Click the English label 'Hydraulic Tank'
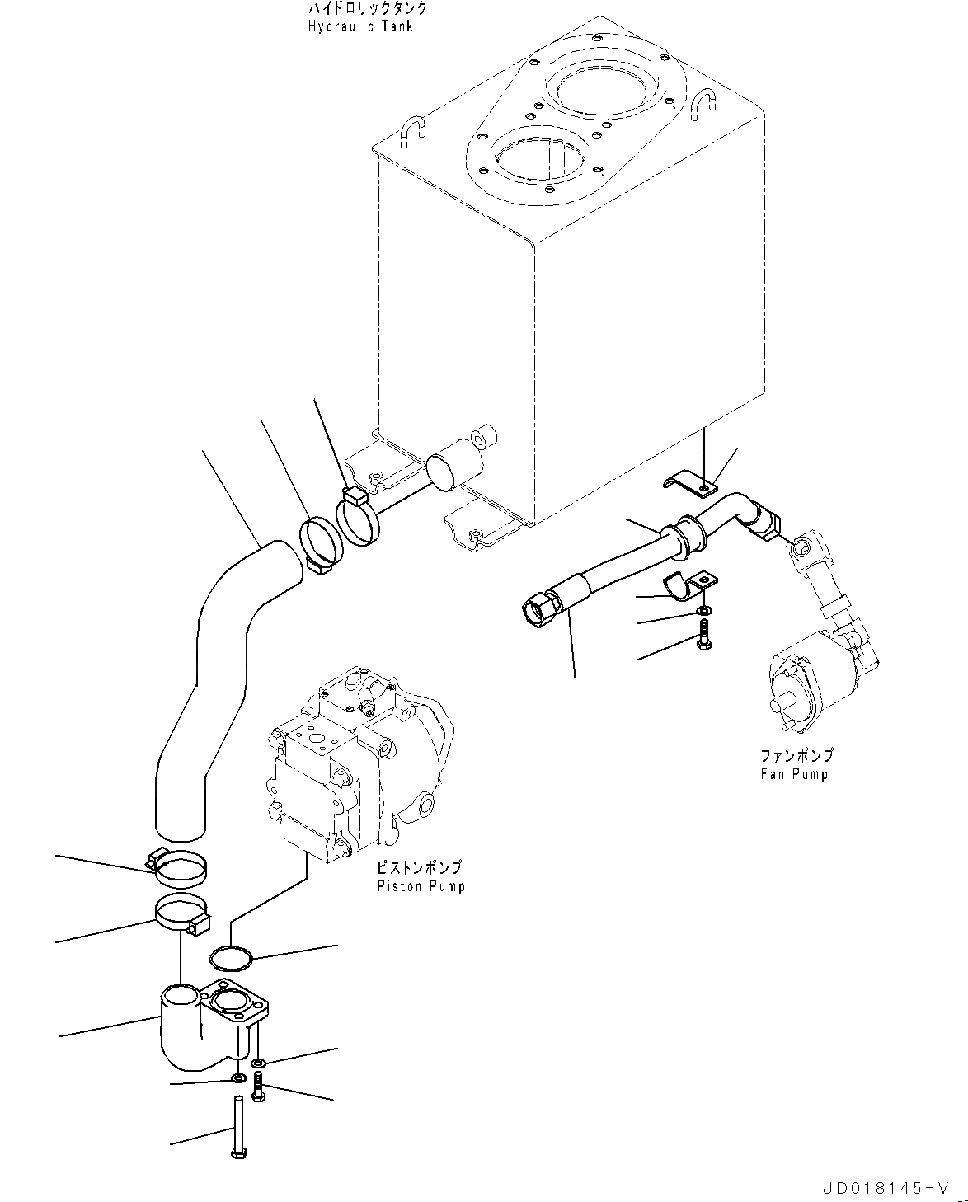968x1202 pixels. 360,26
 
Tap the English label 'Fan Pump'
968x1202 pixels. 794,774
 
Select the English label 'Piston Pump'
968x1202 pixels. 421,886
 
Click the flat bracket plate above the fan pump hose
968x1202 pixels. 690,486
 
